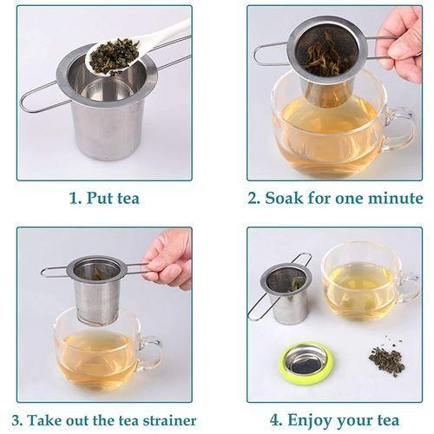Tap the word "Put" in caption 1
click(x=99, y=199)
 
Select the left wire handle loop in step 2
click(x=271, y=56)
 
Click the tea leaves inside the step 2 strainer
click(x=327, y=55)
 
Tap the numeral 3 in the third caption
click(x=16, y=420)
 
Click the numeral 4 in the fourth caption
click(x=275, y=420)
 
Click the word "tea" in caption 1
click(x=128, y=199)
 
